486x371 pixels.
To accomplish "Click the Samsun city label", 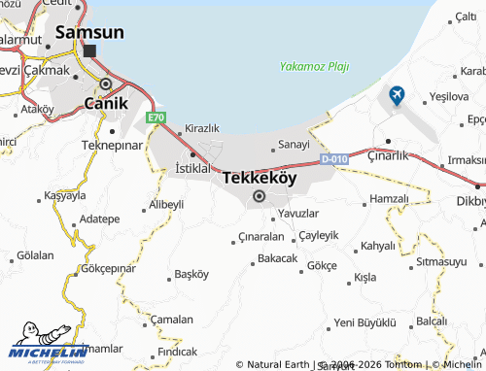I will [89, 32].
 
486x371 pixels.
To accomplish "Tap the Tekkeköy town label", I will [259, 179].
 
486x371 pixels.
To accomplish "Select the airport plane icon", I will [397, 95].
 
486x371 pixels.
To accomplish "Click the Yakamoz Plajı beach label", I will [313, 67].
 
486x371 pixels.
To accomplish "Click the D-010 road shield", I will [333, 158].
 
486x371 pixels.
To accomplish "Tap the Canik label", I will [107, 102].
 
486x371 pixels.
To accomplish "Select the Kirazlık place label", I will [202, 128].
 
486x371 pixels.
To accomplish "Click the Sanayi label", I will [294, 145].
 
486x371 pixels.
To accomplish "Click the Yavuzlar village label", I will [298, 213].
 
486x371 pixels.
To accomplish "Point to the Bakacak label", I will [277, 258].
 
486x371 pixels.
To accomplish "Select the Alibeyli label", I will [165, 205].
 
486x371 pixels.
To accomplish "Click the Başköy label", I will [191, 273].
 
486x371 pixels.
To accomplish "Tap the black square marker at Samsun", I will [90, 51].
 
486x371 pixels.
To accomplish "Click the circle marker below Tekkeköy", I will [259, 197].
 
